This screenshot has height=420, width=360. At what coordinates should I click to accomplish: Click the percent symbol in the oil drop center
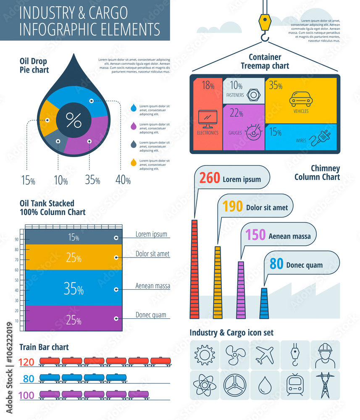point(74,121)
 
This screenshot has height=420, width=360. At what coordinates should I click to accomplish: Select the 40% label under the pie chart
point(123,180)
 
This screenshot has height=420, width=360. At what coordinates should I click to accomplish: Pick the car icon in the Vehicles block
point(301,99)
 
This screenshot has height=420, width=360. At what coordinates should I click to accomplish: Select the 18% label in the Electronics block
point(208,86)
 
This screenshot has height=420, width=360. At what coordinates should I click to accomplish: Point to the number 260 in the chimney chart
point(210,178)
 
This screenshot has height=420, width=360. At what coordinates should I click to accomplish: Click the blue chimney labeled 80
point(264,303)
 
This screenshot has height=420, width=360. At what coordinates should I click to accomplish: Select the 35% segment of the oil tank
point(74,289)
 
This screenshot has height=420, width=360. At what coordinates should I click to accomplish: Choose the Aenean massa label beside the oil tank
point(152,286)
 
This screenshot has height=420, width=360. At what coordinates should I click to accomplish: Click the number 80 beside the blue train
point(29,379)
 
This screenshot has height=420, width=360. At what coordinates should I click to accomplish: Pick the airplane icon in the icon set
point(265,355)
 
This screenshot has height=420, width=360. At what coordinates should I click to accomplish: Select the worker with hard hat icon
point(325,355)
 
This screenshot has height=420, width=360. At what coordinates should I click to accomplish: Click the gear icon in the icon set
point(205,355)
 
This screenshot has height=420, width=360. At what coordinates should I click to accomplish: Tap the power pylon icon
point(325,385)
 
